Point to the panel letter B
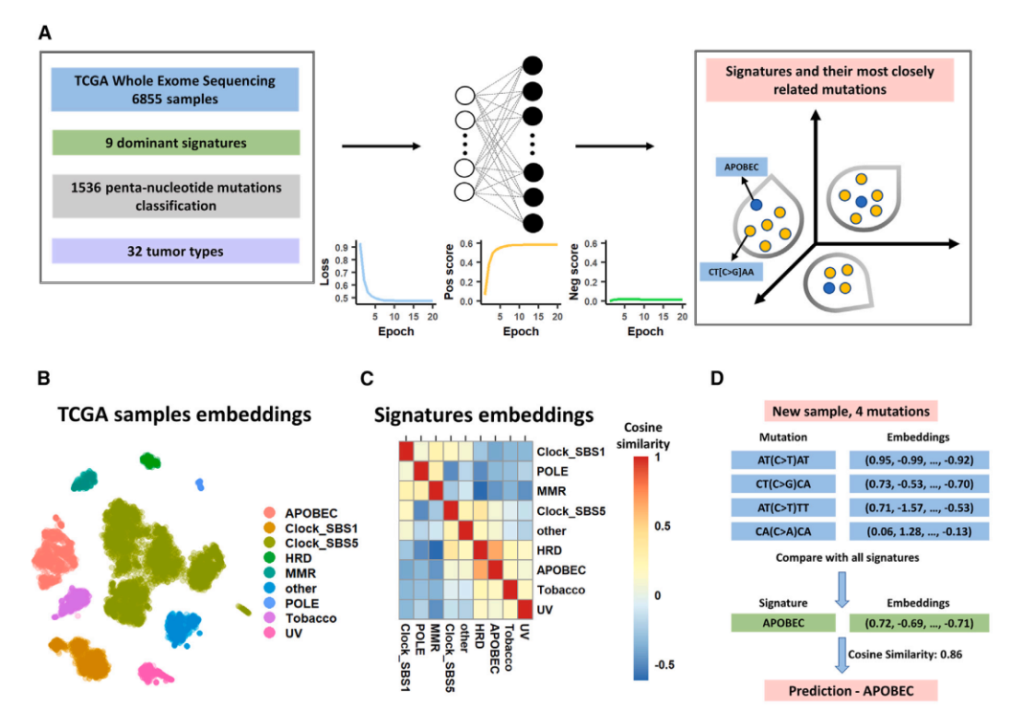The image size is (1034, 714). [43, 378]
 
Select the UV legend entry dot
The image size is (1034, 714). [272, 633]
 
